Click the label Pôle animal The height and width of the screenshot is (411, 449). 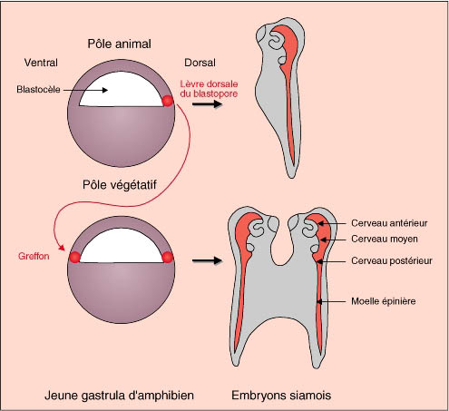click(x=119, y=44)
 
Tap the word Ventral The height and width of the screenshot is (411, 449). click(x=41, y=63)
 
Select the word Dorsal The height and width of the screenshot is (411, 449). click(x=200, y=63)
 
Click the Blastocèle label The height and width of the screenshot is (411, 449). click(x=38, y=90)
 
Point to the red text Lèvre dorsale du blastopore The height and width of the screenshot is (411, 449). click(x=209, y=89)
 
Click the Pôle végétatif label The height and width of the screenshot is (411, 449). click(x=120, y=185)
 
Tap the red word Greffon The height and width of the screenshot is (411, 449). click(x=34, y=256)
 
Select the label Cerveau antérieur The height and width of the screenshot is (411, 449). click(x=389, y=223)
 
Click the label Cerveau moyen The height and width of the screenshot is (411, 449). click(x=385, y=239)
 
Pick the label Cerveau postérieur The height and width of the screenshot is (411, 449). click(x=392, y=260)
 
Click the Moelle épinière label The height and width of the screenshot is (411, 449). click(x=384, y=301)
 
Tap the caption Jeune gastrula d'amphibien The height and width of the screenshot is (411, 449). click(x=119, y=396)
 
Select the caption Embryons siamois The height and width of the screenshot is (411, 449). click(x=281, y=396)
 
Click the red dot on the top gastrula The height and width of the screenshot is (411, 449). click(x=168, y=101)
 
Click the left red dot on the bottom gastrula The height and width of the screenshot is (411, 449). click(x=74, y=258)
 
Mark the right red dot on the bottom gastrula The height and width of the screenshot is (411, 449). click(x=168, y=258)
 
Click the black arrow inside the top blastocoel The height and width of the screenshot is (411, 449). click(x=86, y=90)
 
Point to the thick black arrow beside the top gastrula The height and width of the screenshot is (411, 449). click(x=208, y=104)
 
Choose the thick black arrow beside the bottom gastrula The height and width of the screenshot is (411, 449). click(x=208, y=260)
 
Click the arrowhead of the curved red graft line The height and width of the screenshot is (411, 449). click(x=62, y=248)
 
